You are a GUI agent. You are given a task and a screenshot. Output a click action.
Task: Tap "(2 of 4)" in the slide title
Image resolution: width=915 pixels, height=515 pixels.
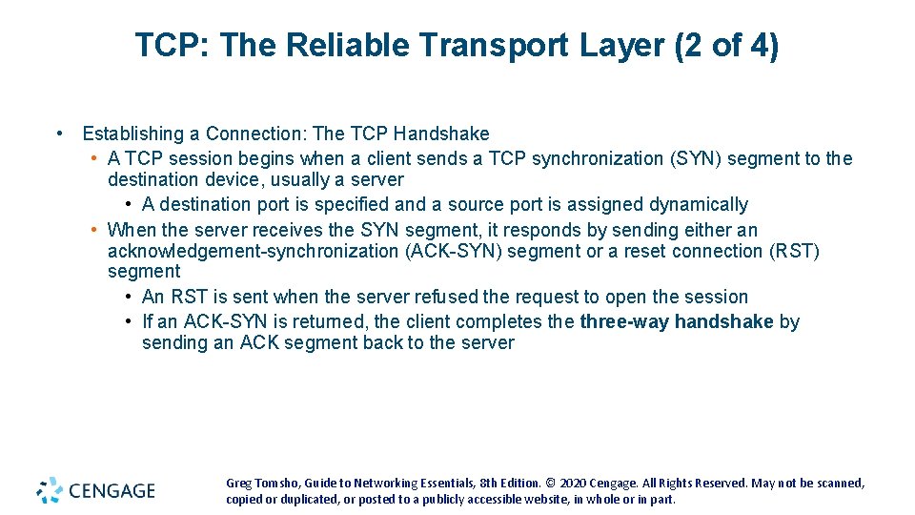[725, 45]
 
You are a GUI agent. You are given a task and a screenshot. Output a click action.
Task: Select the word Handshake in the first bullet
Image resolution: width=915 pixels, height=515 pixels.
[441, 134]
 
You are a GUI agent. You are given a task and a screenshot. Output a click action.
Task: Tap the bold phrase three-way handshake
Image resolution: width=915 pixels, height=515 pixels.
[677, 321]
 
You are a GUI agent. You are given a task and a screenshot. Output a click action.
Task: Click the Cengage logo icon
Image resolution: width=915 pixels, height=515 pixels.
[50, 490]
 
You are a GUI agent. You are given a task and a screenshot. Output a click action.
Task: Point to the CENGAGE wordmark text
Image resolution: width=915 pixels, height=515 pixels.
[112, 491]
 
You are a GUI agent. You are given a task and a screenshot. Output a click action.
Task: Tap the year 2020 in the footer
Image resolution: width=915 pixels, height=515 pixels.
[574, 484]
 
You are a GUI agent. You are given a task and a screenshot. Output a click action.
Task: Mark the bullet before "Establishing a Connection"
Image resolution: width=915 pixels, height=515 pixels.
[60, 134]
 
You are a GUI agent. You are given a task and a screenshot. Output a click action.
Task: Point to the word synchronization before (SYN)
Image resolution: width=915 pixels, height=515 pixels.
[591, 158]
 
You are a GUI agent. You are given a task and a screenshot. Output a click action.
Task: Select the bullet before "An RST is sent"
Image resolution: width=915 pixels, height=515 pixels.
[129, 297]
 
